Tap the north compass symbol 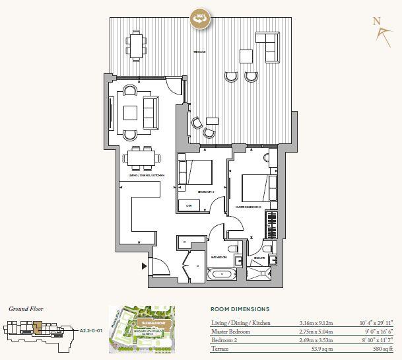click(x=378, y=27)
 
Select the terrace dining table click(x=137, y=46)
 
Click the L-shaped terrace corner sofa click(x=267, y=46)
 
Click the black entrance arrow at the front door click(x=144, y=266)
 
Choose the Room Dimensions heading click(x=240, y=308)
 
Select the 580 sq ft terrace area click(x=384, y=347)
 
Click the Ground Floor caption click(x=26, y=308)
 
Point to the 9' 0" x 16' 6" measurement click(x=378, y=330)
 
